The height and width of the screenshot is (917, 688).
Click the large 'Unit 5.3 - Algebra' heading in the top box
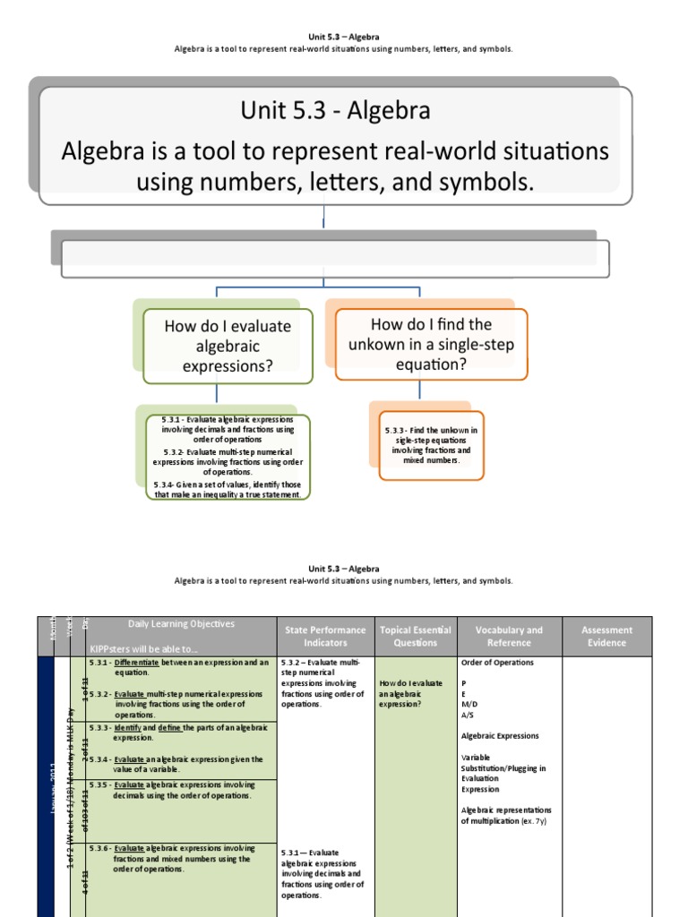(335, 111)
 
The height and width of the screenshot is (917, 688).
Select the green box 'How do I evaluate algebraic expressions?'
(228, 346)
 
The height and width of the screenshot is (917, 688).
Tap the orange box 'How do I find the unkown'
(431, 344)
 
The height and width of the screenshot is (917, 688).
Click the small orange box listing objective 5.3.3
(431, 445)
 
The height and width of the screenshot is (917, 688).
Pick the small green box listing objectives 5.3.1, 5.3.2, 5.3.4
(228, 457)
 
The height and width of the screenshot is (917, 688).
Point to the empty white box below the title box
(335, 259)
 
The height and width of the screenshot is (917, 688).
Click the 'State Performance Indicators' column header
(325, 636)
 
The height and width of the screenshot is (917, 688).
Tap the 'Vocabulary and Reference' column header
(509, 636)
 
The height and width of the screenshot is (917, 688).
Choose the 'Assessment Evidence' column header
(606, 636)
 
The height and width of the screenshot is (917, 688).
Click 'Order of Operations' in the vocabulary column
(497, 663)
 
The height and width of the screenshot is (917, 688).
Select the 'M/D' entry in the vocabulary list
(469, 704)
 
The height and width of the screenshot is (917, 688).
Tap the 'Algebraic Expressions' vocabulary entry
(500, 736)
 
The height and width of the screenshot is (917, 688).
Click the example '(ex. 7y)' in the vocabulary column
(536, 821)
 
